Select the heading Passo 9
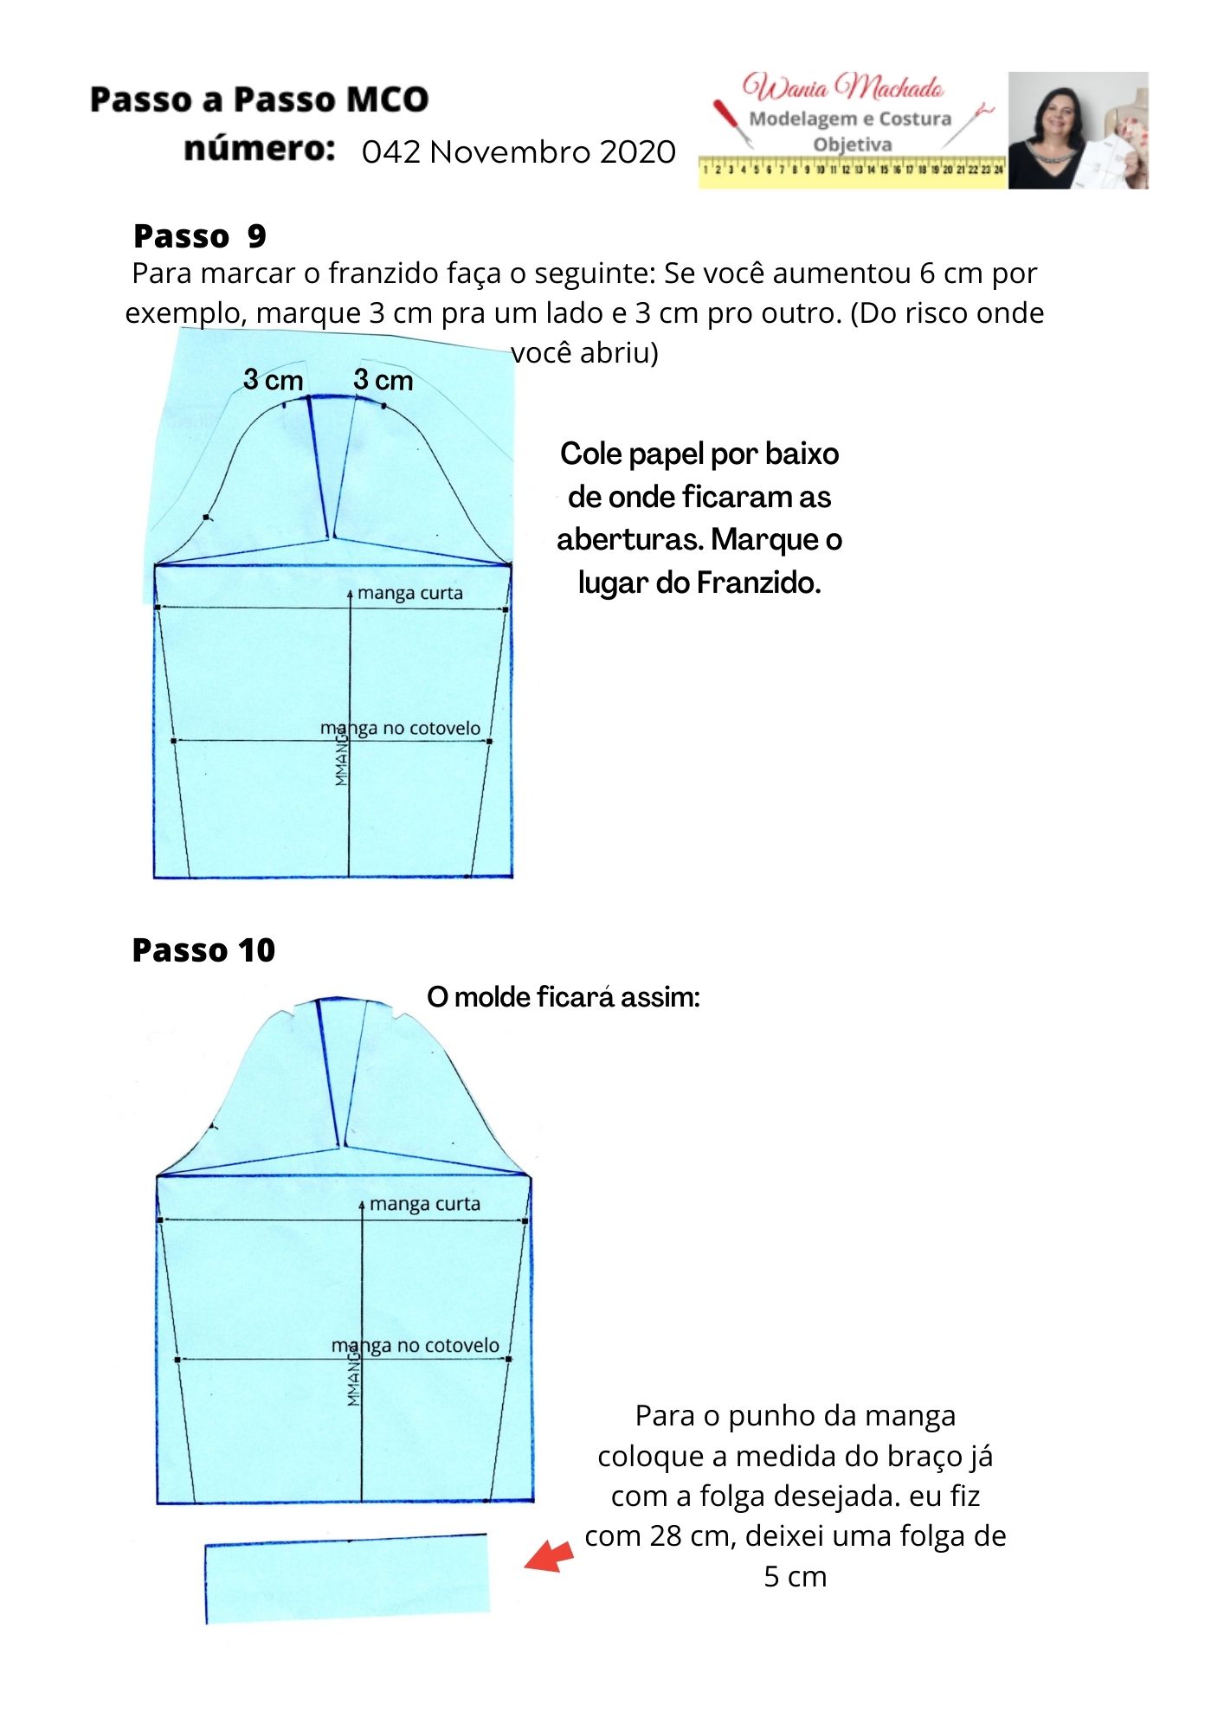point(199,235)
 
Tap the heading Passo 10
point(203,950)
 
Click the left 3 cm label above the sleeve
point(273,380)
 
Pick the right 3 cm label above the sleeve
point(383,380)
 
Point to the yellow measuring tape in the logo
point(853,171)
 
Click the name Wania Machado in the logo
point(843,87)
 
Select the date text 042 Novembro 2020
point(519,152)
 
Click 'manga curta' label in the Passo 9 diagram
point(409,594)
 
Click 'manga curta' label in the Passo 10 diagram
point(424,1204)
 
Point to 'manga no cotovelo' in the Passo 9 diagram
point(400,729)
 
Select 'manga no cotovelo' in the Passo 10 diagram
point(416,1346)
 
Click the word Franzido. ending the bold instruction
point(759,583)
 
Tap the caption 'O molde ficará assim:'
point(563,997)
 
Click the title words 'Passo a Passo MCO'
point(259,100)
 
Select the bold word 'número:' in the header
point(259,149)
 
